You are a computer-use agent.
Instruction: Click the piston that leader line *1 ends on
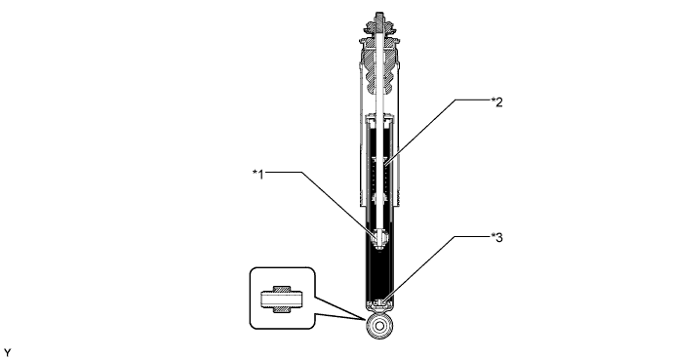tap(380, 235)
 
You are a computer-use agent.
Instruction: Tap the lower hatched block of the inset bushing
tap(281, 309)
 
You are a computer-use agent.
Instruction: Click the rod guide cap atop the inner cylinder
tap(380, 120)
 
